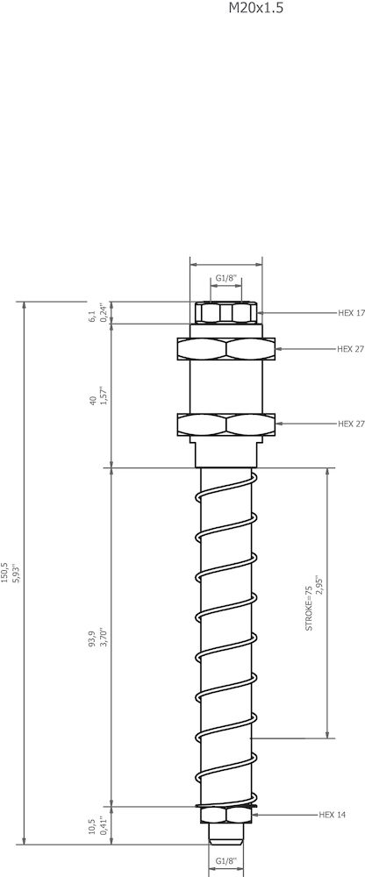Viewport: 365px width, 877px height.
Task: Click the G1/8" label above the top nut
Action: coord(226,279)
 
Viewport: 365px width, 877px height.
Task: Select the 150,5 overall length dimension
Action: coord(4,573)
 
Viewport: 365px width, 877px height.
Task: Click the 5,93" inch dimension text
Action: coord(15,573)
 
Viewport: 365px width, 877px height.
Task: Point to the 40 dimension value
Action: coord(92,401)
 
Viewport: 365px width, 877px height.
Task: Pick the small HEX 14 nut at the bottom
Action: coord(226,816)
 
